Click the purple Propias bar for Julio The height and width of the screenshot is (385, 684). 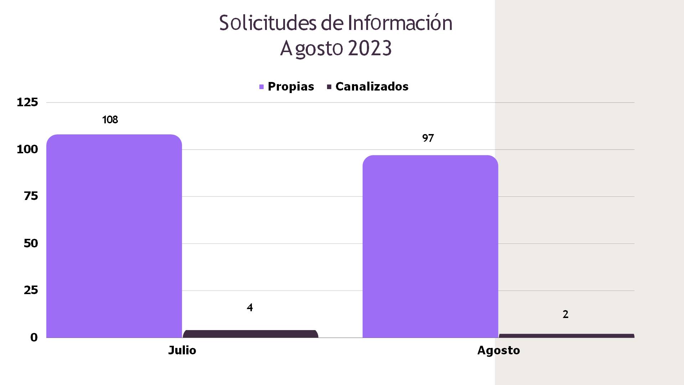[x=114, y=235]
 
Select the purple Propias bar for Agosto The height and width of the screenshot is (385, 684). [x=430, y=246]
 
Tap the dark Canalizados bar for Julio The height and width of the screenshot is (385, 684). [x=250, y=334]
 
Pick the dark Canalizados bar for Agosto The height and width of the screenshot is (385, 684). [x=566, y=336]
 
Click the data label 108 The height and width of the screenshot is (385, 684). [x=110, y=120]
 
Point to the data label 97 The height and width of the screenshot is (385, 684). [x=428, y=138]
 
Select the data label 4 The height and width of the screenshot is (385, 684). [x=250, y=308]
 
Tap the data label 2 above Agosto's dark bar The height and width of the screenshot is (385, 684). [x=565, y=314]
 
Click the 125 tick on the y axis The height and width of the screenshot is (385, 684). [x=27, y=103]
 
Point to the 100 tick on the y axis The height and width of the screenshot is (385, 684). [x=27, y=149]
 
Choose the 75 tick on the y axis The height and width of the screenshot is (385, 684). [x=31, y=196]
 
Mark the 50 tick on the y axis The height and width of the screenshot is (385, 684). [x=31, y=243]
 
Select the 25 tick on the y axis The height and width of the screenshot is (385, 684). [x=31, y=290]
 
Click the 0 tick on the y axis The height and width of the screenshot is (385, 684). [x=34, y=337]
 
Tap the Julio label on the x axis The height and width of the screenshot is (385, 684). [x=182, y=350]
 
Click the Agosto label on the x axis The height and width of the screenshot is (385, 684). [x=498, y=350]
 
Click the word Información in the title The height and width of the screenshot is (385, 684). [x=400, y=23]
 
